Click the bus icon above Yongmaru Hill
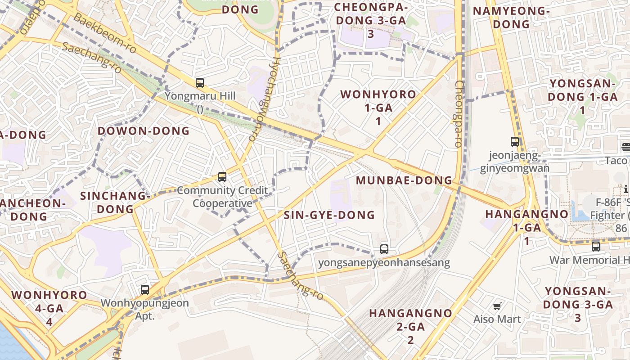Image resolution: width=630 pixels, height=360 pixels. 200,83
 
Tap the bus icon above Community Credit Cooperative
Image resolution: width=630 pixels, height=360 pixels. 222,177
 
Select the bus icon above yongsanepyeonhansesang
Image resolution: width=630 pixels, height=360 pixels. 384,249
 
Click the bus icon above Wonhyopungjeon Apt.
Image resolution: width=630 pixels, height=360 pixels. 144,290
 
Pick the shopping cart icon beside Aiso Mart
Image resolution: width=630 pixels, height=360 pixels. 497,306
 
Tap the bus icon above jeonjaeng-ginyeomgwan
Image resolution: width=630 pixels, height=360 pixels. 515,142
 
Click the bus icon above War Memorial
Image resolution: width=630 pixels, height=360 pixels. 595,247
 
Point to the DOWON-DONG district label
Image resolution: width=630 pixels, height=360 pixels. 144,131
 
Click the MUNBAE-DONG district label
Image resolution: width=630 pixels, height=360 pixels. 404,180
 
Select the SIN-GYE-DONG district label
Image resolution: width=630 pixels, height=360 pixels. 329,215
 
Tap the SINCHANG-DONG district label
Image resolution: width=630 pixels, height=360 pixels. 115,202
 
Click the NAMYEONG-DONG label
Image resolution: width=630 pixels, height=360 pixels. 511,18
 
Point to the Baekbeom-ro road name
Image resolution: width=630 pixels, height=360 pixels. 104,33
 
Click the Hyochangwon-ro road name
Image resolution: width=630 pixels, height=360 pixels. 264,99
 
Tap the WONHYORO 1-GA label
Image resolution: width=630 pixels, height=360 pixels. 378,108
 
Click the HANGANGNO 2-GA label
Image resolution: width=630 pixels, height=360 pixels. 410,326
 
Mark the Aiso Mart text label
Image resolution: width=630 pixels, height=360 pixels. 497,319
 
